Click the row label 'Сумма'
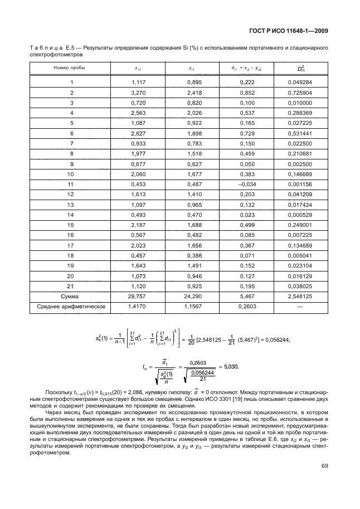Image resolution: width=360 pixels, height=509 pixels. [x=71, y=296]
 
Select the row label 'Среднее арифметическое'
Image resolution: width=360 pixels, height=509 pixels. [x=71, y=307]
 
